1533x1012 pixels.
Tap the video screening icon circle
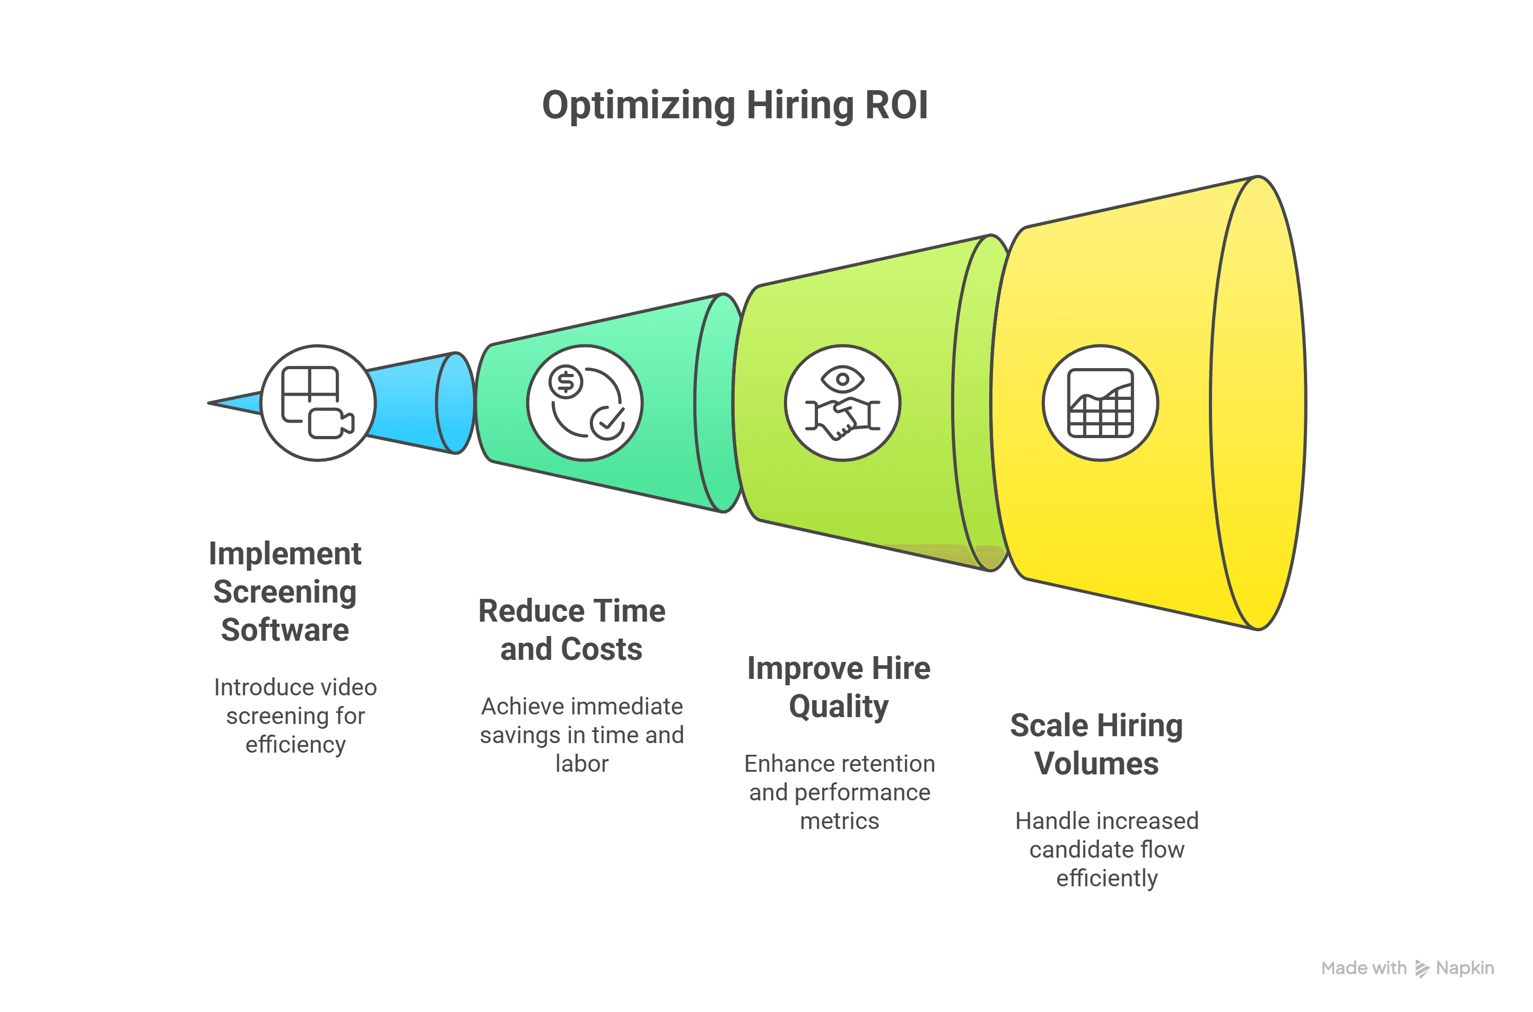click(318, 403)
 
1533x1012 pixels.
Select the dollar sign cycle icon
click(585, 403)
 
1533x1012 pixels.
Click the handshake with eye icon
click(842, 403)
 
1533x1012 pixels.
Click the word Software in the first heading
click(285, 630)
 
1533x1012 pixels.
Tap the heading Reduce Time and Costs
click(572, 629)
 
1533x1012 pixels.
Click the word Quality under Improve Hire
click(839, 706)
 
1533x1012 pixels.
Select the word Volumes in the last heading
click(1096, 764)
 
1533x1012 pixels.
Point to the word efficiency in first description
click(295, 745)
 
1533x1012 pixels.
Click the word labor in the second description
click(581, 764)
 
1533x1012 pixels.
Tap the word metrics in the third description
click(839, 821)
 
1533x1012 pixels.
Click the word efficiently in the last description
click(1107, 878)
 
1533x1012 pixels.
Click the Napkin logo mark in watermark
click(1422, 969)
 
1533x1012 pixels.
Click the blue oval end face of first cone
click(456, 403)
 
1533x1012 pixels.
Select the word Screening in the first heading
click(285, 592)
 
